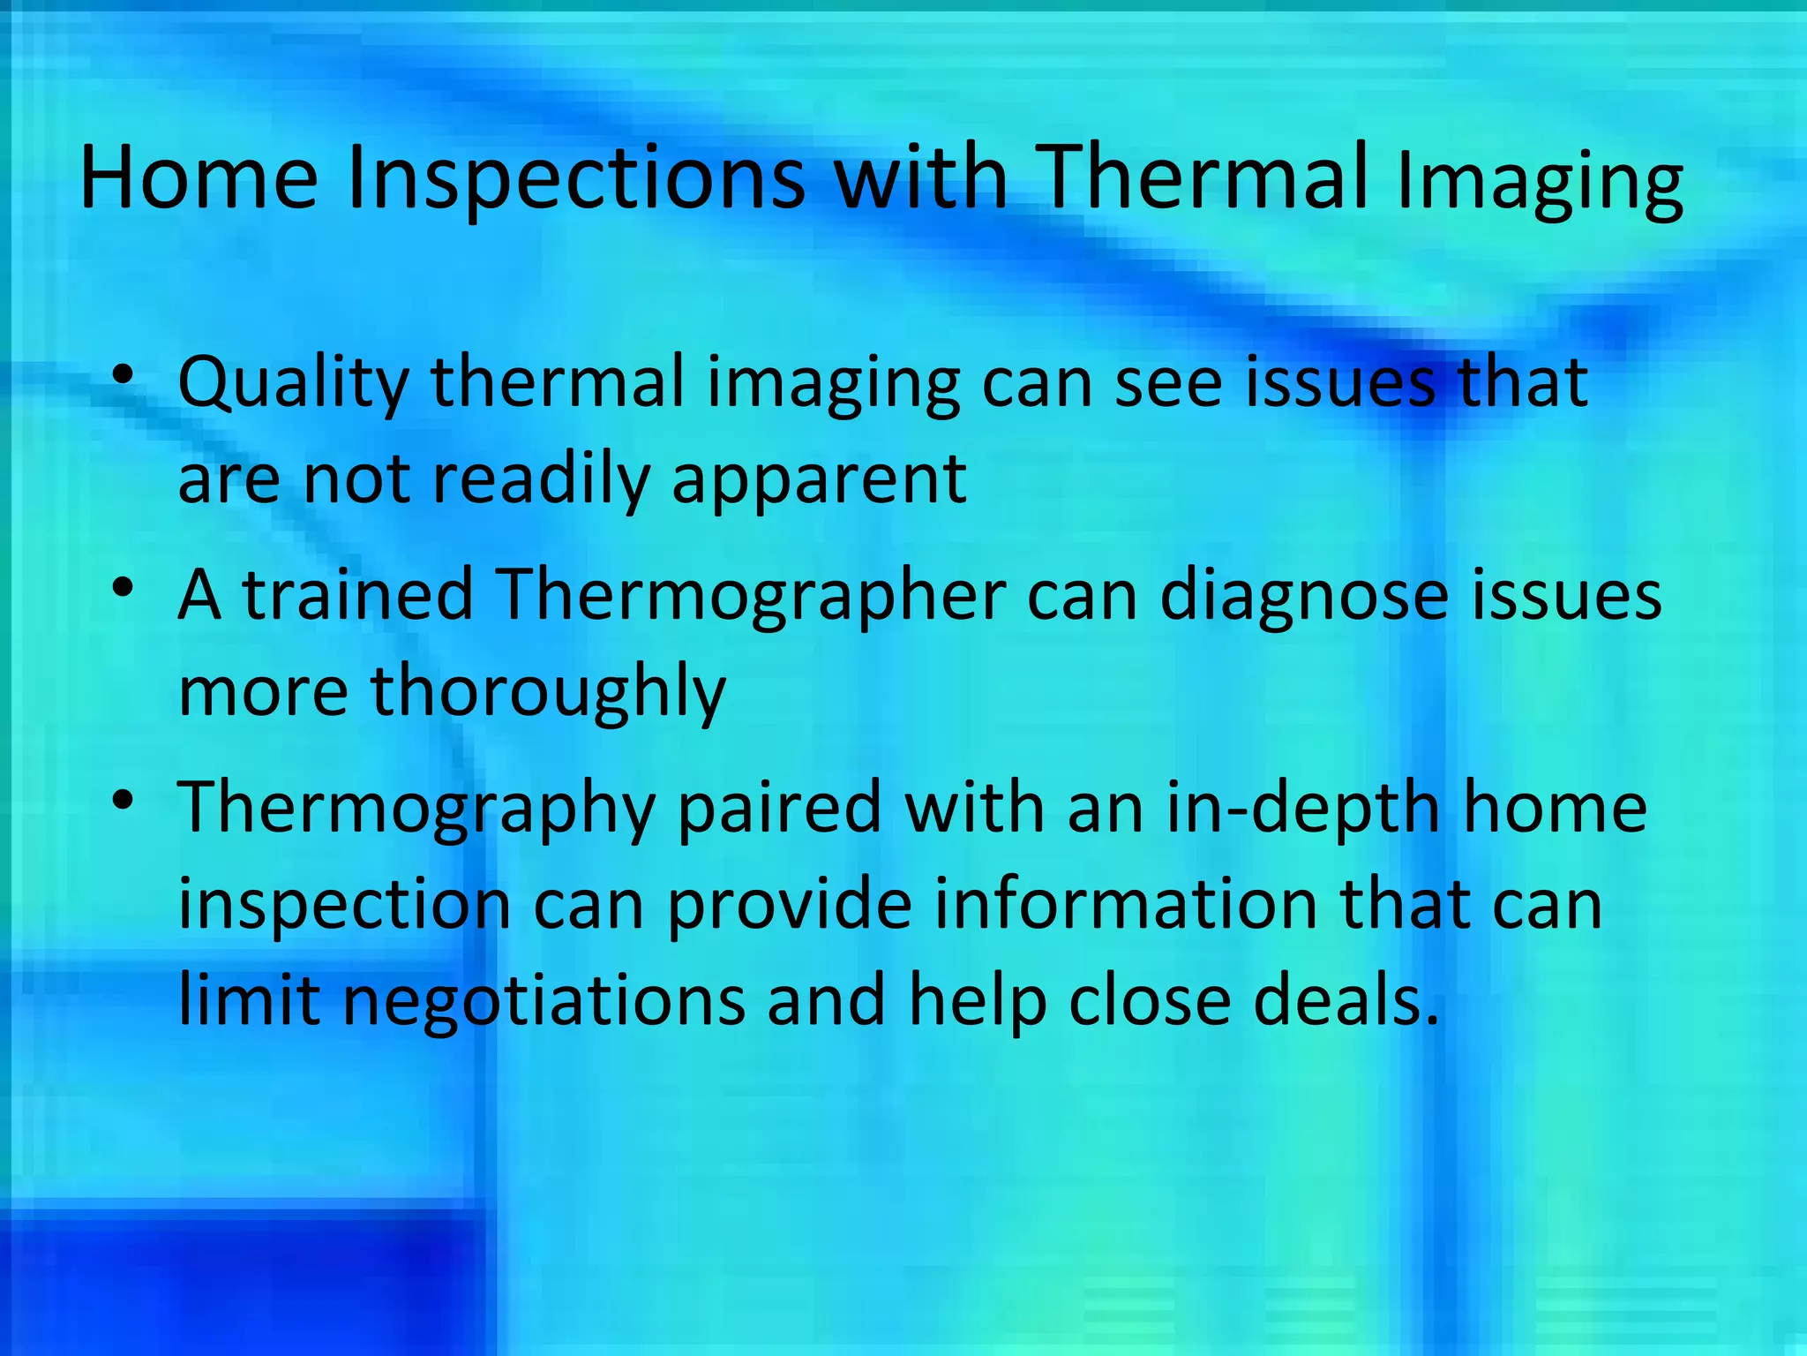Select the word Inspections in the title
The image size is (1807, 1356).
click(x=576, y=179)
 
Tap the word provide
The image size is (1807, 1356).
click(x=789, y=906)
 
